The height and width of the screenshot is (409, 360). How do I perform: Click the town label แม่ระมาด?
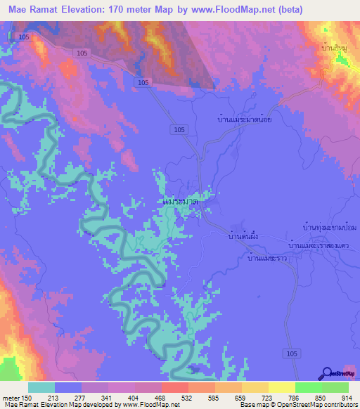(180, 202)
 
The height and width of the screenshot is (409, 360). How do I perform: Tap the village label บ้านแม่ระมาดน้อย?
(245, 119)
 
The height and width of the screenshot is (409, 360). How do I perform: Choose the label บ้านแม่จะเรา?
(265, 258)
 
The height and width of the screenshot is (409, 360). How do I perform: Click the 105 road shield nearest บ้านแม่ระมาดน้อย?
(179, 130)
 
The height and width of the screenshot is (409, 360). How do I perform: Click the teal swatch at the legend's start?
(41, 387)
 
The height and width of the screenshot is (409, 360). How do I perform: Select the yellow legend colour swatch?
(281, 387)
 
